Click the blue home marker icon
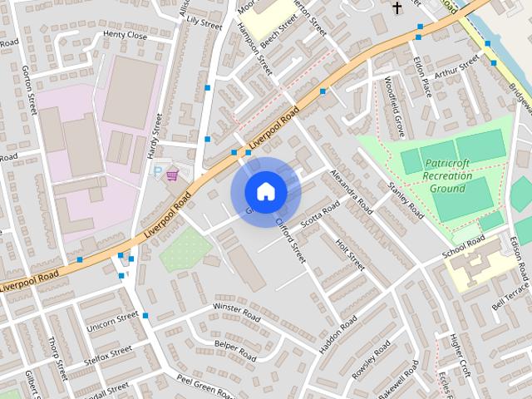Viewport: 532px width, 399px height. click(x=265, y=192)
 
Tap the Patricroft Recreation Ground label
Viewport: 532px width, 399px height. click(x=446, y=175)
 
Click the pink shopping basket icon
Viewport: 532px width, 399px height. click(x=173, y=174)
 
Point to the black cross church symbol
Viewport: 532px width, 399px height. click(x=397, y=8)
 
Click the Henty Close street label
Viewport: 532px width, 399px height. click(x=125, y=36)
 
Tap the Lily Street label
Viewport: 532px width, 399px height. click(x=204, y=22)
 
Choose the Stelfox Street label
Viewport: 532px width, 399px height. click(x=108, y=357)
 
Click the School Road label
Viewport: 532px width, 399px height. click(x=463, y=247)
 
